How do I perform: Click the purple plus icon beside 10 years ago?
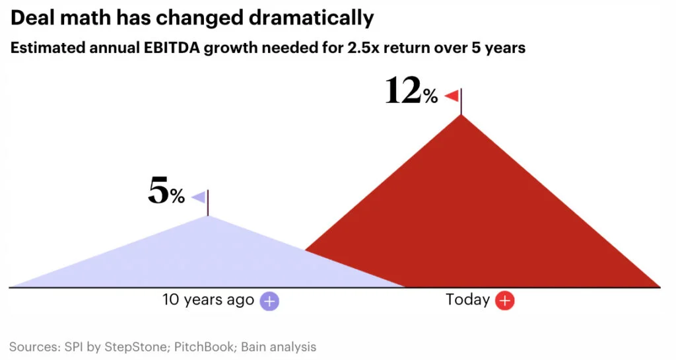[x=269, y=301]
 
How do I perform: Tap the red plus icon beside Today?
[x=504, y=301]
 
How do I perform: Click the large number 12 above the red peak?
[x=402, y=91]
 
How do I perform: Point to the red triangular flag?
[x=452, y=96]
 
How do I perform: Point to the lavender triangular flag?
[x=199, y=197]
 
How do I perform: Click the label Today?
[x=467, y=300]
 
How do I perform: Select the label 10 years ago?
[x=208, y=300]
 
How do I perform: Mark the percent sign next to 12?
[x=430, y=97]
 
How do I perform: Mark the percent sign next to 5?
[x=177, y=196]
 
